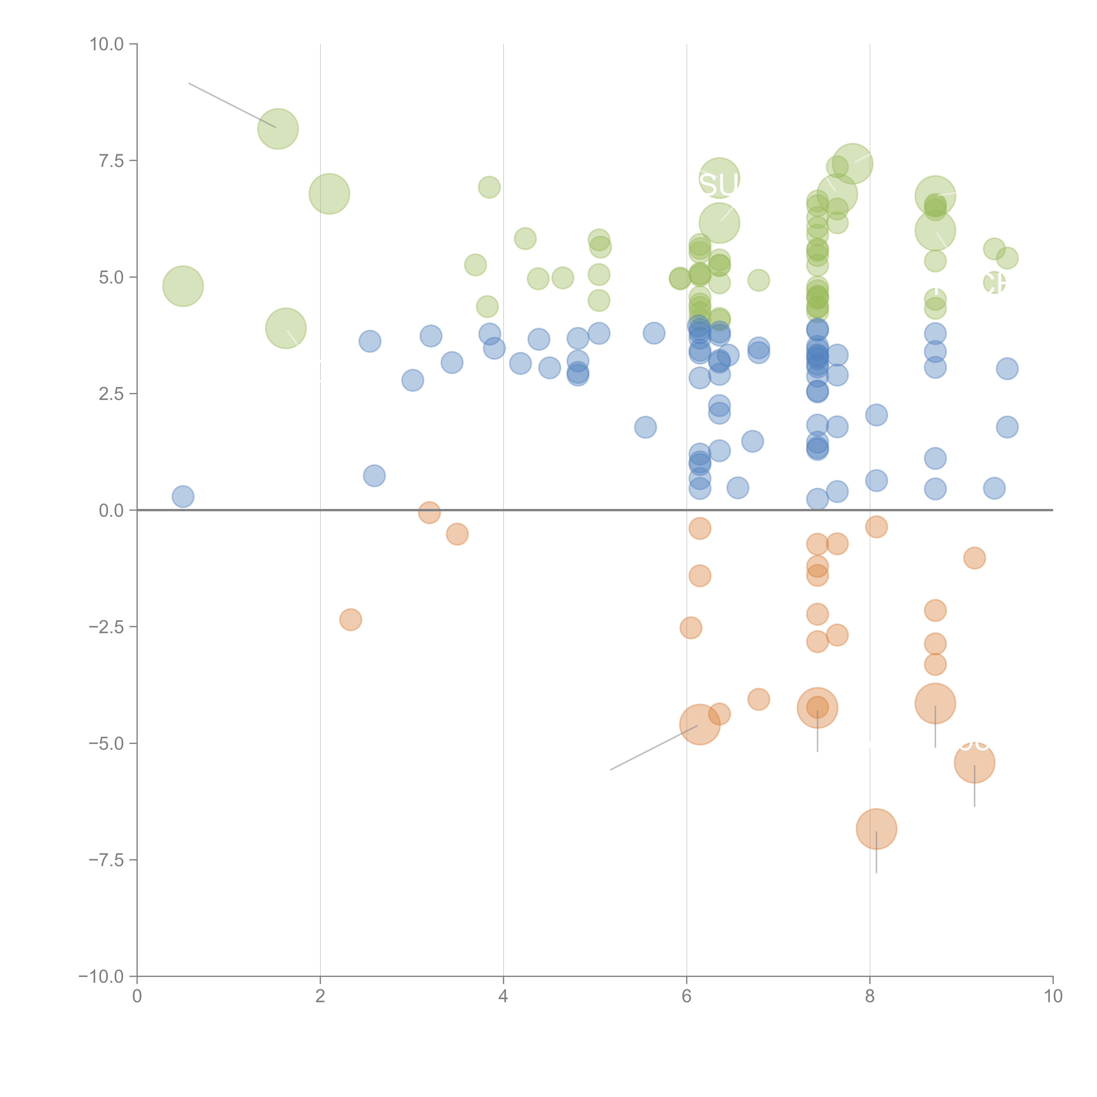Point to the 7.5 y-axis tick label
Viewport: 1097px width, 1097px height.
(111, 161)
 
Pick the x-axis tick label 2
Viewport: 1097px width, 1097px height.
(320, 997)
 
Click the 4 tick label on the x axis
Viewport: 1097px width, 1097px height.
(503, 997)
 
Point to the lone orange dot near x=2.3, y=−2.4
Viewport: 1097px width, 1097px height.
(351, 619)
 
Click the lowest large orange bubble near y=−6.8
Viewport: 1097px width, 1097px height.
(876, 829)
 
